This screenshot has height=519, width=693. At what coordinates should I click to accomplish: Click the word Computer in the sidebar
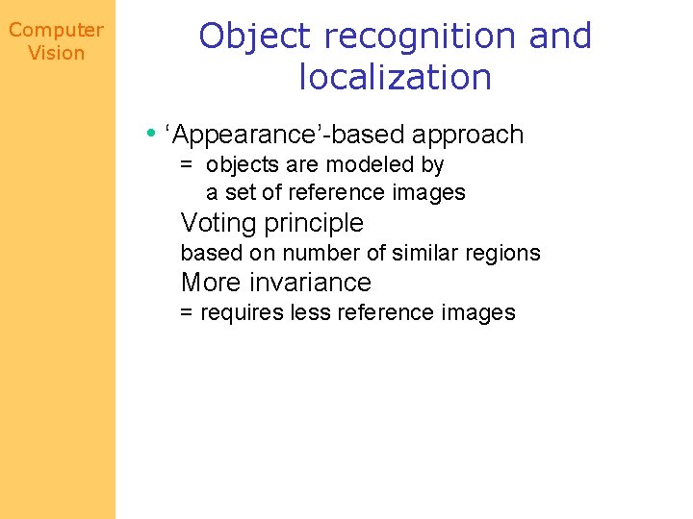(56, 31)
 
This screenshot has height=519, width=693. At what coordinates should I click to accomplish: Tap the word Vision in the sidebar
(57, 53)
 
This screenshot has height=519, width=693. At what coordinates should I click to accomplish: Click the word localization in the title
(396, 77)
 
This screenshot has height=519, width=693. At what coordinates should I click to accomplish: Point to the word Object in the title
(256, 37)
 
